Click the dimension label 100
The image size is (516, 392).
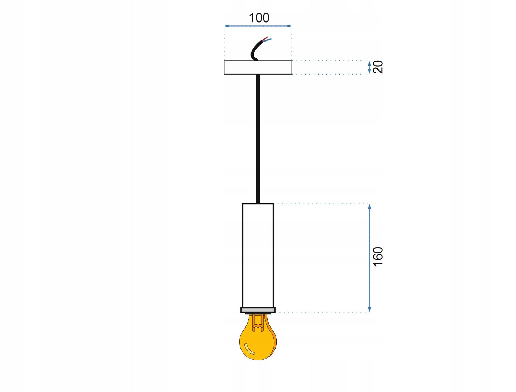click(259, 18)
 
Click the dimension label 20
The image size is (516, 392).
click(378, 67)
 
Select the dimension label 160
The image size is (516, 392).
click(378, 257)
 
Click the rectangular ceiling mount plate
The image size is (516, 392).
click(258, 67)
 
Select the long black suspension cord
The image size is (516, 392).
click(258, 139)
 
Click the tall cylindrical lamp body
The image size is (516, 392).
click(258, 255)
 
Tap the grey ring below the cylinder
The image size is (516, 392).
click(258, 310)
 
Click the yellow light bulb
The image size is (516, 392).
click(258, 339)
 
